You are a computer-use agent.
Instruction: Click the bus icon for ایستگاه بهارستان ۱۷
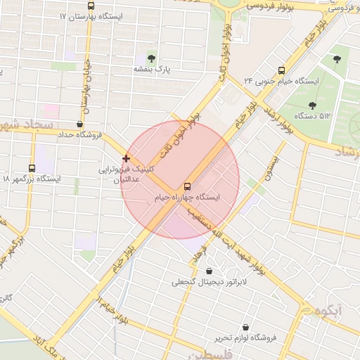pos(110,6)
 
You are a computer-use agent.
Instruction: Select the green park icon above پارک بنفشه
pos(150,58)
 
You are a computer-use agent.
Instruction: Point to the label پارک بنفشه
pos(153,70)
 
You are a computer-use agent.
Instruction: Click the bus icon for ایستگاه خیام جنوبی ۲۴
pos(282,70)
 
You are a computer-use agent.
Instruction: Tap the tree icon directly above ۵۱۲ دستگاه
pos(312,105)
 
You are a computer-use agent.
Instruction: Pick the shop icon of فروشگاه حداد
pos(79,124)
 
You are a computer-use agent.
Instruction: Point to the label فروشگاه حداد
pos(79,134)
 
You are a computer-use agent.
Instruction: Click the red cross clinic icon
pos(126,159)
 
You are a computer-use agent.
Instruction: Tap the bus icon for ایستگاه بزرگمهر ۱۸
pos(32,168)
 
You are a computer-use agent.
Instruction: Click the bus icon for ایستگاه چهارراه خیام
pos(187,187)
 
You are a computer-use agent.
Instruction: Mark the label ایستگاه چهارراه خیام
pos(187,198)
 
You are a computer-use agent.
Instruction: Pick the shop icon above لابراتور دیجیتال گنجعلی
pos(209,271)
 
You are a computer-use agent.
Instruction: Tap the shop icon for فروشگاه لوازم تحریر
pos(245,327)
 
